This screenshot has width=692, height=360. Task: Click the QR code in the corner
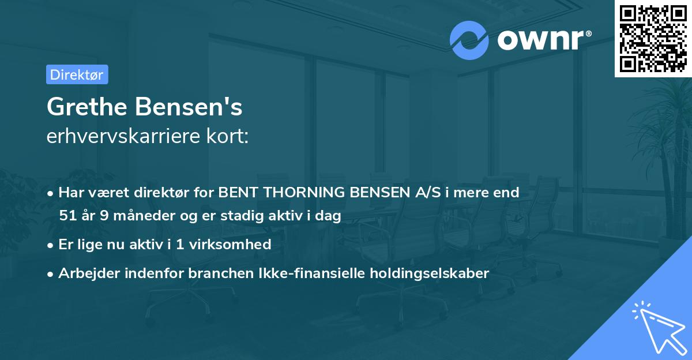pos(653,38)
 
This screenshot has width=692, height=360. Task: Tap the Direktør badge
pos(77,74)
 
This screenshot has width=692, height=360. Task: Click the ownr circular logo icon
pos(469,40)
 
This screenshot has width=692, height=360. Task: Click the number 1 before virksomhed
pos(180,245)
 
